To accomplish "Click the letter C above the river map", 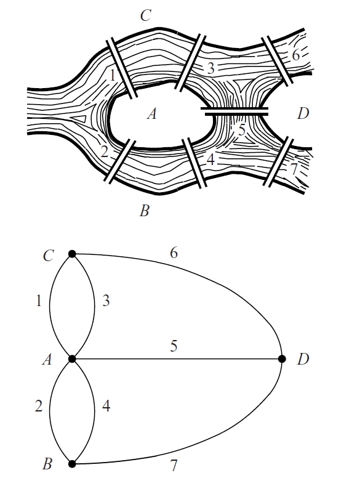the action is (x=145, y=15).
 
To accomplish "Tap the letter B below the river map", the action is (x=144, y=211).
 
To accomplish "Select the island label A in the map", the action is (x=151, y=114).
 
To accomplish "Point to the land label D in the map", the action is (x=303, y=113).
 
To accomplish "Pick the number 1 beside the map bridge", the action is (x=113, y=75).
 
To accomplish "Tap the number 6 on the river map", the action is (x=296, y=55).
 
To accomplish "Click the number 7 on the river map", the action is (x=294, y=169).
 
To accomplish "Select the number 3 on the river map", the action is (x=211, y=68).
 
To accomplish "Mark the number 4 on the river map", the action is (x=210, y=160).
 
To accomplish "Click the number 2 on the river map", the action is (x=105, y=152).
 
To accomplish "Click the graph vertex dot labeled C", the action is (x=72, y=254).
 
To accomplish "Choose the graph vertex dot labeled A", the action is (x=72, y=359).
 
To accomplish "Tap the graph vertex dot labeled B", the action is (x=72, y=464).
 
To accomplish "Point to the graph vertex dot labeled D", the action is (x=282, y=359).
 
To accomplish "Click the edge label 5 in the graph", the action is (x=174, y=346).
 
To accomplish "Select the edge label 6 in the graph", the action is (x=174, y=253).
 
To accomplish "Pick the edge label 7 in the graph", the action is (x=174, y=466).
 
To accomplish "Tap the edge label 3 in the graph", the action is (x=106, y=301).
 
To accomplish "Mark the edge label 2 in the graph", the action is (x=38, y=406).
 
